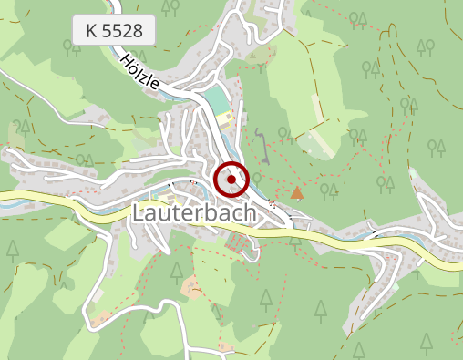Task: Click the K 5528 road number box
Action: (x=115, y=31)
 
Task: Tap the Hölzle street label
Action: (x=139, y=71)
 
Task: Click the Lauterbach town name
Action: (x=194, y=212)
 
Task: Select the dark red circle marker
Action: (x=231, y=180)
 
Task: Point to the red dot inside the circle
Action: (x=231, y=180)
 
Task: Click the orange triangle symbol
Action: (x=296, y=192)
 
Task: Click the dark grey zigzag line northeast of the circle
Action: (x=262, y=144)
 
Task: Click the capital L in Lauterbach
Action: (x=139, y=212)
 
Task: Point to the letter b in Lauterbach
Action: (x=212, y=212)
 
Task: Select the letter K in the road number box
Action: (x=91, y=31)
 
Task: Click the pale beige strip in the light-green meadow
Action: (x=314, y=146)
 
